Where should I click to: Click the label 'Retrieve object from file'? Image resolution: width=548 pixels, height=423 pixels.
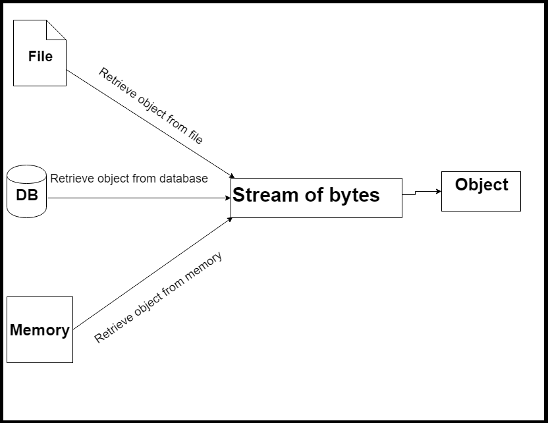point(151,105)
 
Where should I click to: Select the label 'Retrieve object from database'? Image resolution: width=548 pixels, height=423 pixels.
point(129,178)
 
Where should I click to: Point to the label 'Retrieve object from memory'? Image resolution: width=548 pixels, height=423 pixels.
point(158,297)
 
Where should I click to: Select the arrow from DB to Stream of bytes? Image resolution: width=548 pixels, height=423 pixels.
point(138,198)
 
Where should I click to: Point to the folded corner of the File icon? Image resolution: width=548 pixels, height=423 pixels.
point(57,29)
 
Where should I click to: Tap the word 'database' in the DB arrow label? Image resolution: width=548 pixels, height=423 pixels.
point(185,178)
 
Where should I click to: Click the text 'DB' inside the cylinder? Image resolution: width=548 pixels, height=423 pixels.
point(27,195)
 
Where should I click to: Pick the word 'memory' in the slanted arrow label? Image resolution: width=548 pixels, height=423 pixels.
point(202,269)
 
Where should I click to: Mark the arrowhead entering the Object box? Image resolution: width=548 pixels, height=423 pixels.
point(437,191)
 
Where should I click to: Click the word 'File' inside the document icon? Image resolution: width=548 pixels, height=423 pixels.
point(40,56)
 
